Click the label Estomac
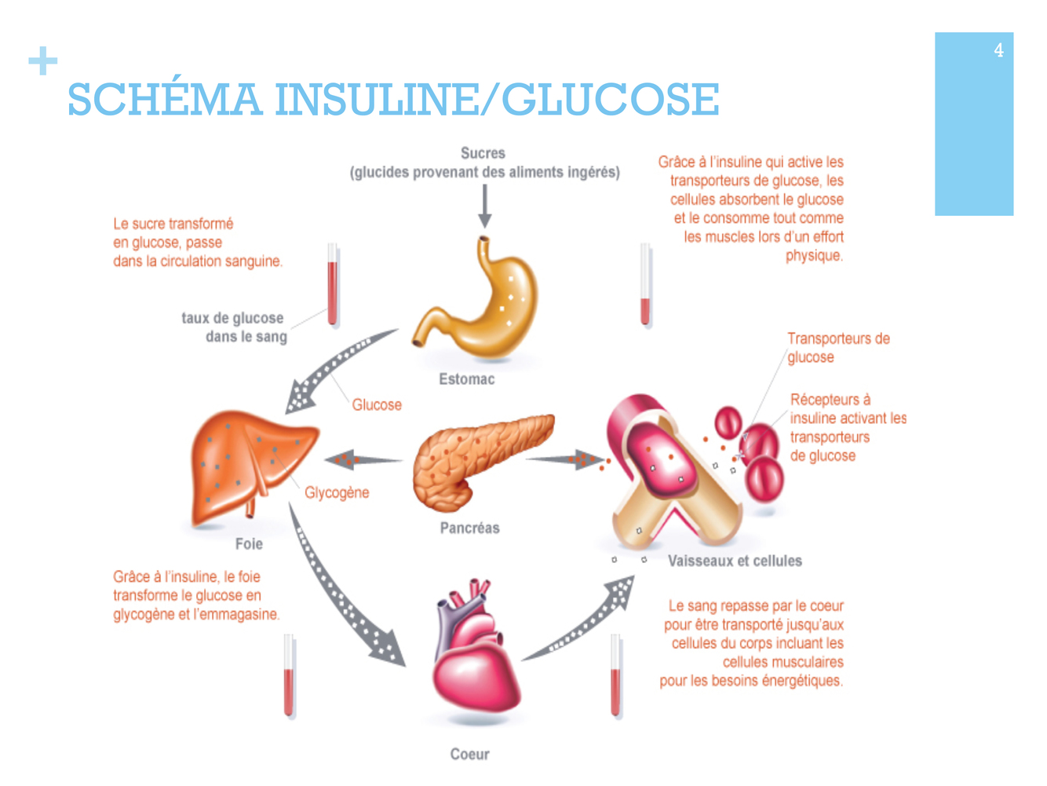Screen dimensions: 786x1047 click(467, 379)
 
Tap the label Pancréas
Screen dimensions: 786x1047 click(469, 528)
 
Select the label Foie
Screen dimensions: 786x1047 click(249, 544)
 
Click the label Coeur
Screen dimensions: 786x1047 click(469, 754)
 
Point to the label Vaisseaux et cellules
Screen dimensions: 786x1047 click(735, 561)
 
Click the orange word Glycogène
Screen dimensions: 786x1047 click(337, 492)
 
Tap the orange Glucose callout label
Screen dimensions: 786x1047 click(377, 404)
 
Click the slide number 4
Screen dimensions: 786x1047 click(998, 50)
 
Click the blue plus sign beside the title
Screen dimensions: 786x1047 click(43, 60)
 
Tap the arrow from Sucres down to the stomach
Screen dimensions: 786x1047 click(485, 207)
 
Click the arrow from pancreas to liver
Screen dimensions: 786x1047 click(361, 459)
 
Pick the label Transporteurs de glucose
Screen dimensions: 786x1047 click(838, 348)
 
